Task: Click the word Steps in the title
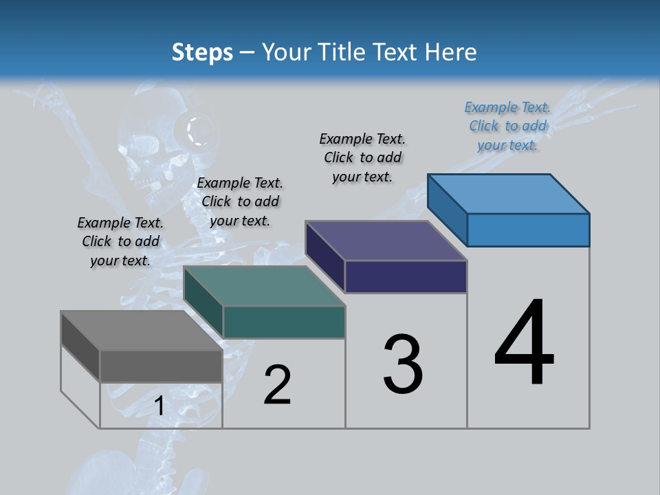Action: (202, 52)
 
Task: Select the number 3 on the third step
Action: (403, 364)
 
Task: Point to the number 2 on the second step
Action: (278, 385)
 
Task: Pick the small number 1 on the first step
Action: (159, 406)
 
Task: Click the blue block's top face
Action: (509, 193)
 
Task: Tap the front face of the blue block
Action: (528, 230)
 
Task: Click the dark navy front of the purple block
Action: (406, 276)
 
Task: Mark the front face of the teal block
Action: (284, 322)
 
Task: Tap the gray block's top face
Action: (141, 331)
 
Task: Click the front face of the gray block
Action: (161, 366)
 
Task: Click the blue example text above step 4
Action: (507, 126)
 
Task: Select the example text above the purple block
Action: (362, 157)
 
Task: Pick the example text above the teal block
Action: (240, 201)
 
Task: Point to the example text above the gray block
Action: (120, 241)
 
